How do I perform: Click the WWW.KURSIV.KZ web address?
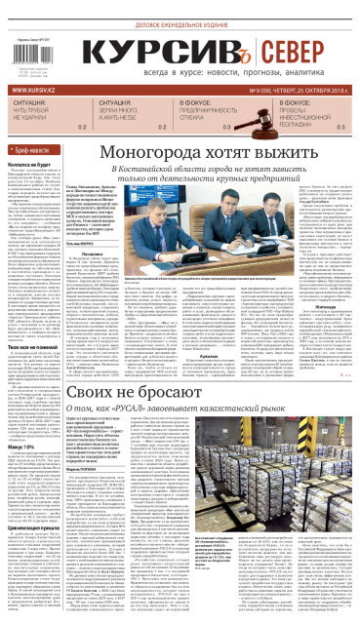coord(33,94)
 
